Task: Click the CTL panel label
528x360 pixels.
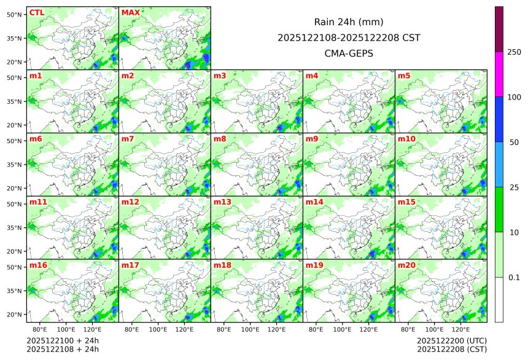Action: click(36, 12)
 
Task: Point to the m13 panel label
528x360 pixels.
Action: click(222, 202)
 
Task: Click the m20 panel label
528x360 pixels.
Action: click(406, 265)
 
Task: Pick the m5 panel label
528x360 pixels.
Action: click(404, 76)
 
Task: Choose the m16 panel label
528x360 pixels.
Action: click(38, 265)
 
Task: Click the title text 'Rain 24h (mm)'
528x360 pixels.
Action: click(349, 22)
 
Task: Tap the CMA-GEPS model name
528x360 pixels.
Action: click(349, 53)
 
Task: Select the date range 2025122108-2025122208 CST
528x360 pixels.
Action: click(349, 37)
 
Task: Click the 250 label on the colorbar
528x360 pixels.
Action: click(514, 52)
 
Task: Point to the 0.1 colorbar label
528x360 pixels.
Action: click(514, 278)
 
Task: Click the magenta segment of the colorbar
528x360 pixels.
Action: click(499, 74)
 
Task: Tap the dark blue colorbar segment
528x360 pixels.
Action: click(499, 119)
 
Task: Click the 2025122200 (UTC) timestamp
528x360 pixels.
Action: click(451, 340)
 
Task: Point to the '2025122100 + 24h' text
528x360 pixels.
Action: click(63, 340)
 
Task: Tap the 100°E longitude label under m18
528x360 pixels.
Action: click(250, 329)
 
